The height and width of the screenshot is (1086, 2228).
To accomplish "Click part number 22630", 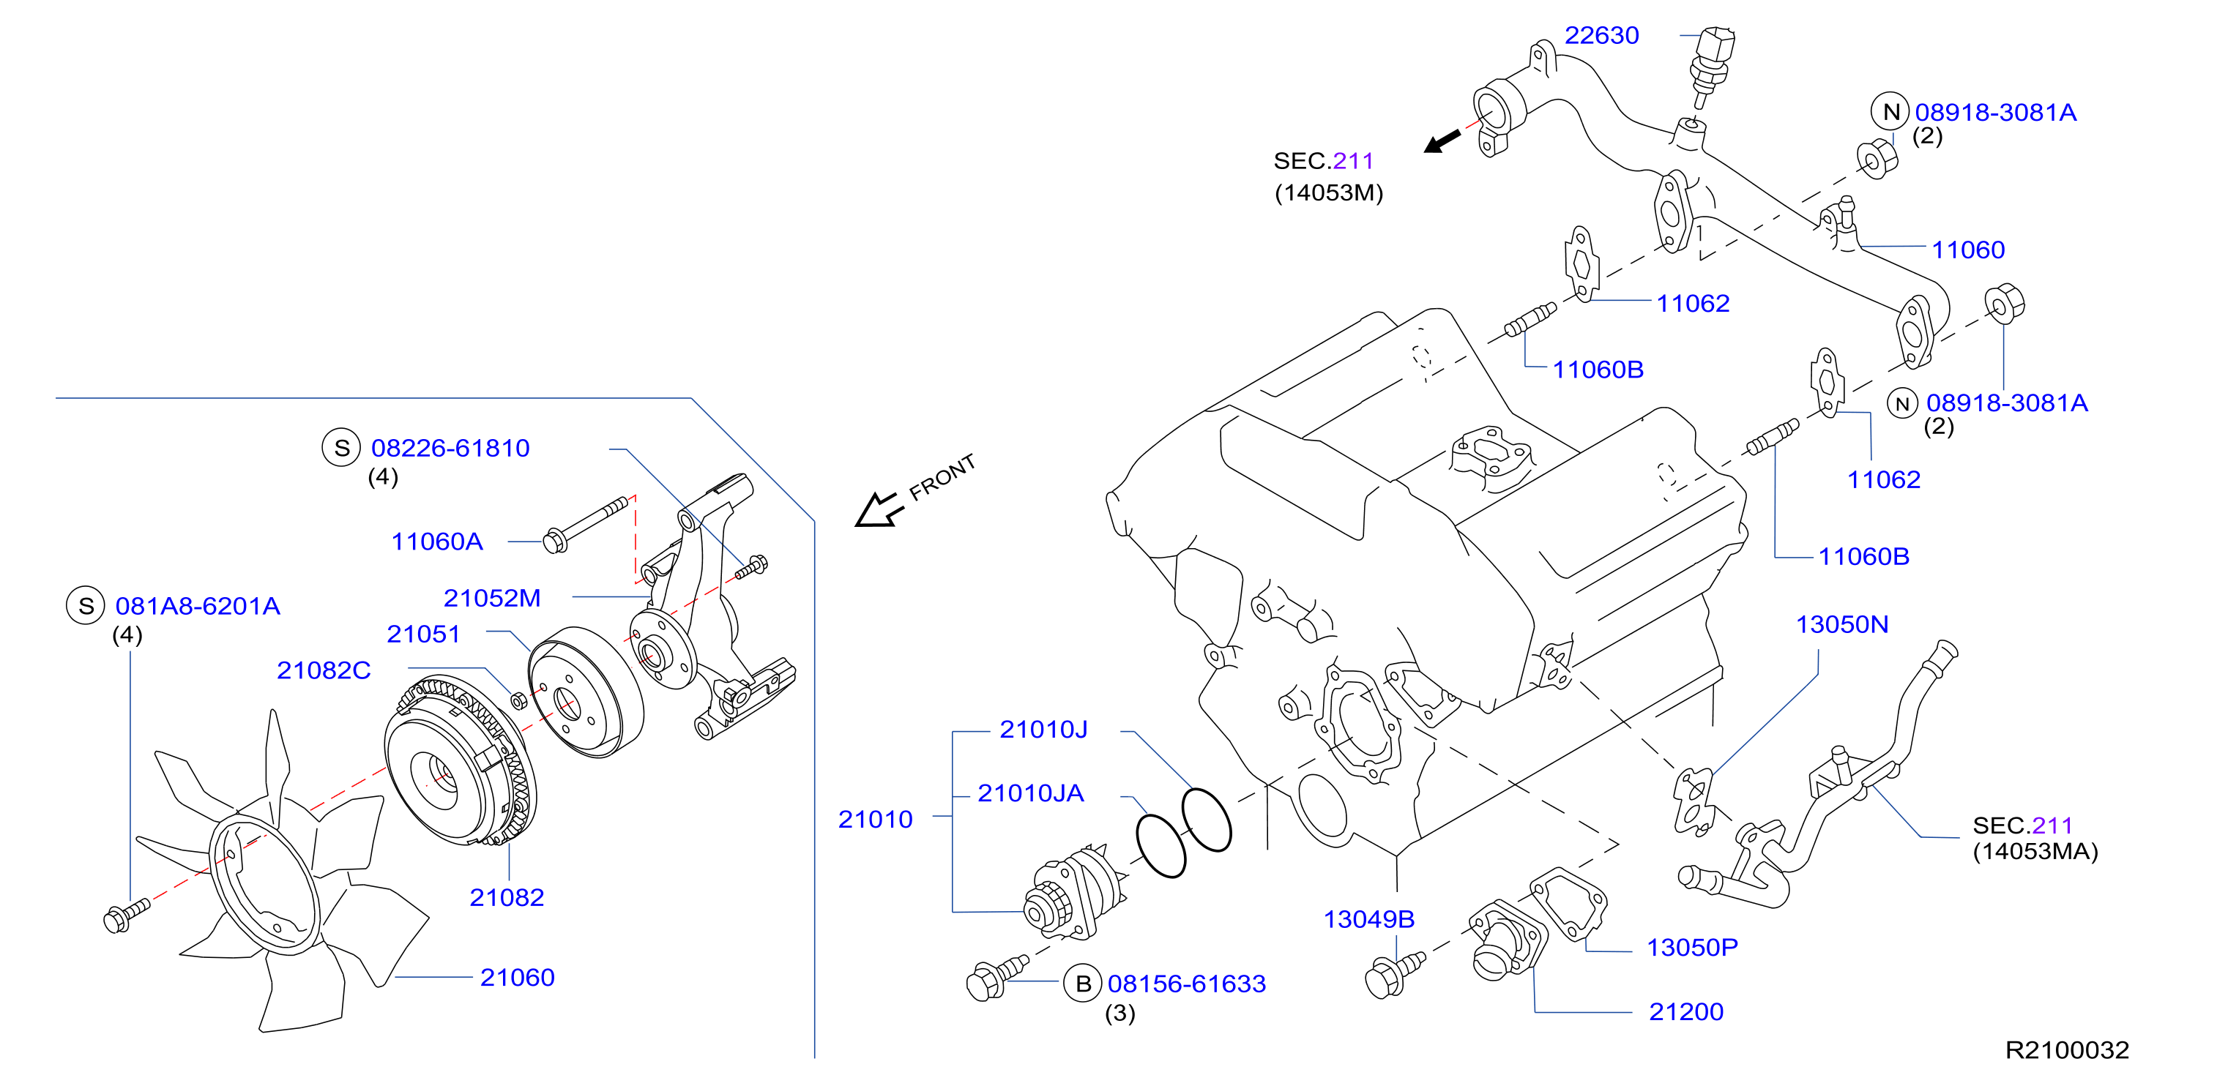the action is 1601,35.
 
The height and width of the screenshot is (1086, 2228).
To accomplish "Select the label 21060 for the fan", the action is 517,977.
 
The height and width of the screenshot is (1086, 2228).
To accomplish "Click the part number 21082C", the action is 324,670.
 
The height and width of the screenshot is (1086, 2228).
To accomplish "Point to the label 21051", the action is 423,634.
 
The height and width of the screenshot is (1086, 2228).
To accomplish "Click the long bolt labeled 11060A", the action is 585,525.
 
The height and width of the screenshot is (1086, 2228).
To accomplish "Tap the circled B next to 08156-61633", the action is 1083,984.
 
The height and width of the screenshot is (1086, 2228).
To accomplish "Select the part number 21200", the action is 1685,1011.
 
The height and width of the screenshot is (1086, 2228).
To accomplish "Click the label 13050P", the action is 1692,948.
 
